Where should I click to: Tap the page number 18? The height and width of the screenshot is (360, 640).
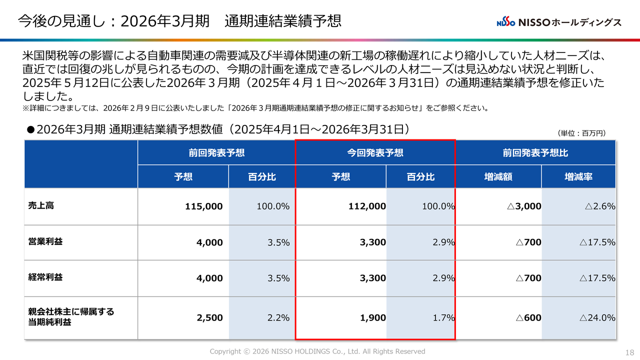click(629, 352)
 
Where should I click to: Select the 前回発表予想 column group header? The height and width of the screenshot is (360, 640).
click(216, 152)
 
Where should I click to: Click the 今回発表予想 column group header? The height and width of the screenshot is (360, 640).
click(375, 152)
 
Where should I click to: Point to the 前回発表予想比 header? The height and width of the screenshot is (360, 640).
click(535, 152)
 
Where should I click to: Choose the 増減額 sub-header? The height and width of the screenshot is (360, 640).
click(498, 176)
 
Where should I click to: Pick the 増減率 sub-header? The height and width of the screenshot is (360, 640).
click(578, 176)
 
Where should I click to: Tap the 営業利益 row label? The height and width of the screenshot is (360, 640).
click(45, 242)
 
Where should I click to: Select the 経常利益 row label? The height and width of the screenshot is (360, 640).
click(45, 277)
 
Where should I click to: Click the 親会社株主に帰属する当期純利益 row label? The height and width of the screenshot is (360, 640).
click(71, 317)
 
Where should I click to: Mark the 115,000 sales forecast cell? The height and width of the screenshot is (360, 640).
click(203, 206)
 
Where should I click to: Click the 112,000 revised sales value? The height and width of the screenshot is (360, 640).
click(367, 206)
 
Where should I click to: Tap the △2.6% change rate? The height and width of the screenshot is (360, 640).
click(597, 206)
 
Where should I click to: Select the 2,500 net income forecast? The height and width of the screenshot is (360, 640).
click(210, 317)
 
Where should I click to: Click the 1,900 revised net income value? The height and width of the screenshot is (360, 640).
click(373, 317)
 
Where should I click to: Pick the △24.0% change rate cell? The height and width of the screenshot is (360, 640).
click(597, 317)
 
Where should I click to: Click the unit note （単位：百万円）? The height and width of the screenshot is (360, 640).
click(581, 133)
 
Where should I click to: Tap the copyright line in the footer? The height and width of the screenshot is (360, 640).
click(317, 351)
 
